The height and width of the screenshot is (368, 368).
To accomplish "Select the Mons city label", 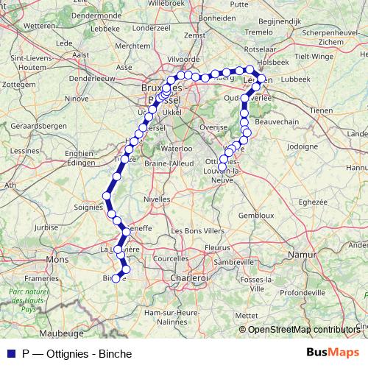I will coord(57,260).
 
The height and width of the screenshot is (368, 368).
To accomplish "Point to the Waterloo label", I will coord(177,148).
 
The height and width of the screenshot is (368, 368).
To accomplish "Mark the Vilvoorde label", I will coord(183,59).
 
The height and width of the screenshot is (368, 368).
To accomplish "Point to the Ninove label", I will coord(77,97).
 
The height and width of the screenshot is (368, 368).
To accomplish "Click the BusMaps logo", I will coord(333,352).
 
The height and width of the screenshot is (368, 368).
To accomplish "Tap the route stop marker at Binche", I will coord(116,277).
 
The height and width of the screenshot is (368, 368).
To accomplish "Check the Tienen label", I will coord(323,110).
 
